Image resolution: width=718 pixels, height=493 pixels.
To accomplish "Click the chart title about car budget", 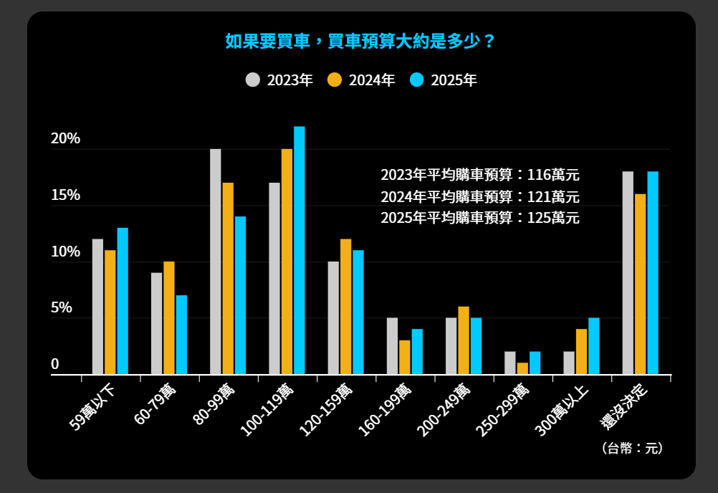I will [360, 41].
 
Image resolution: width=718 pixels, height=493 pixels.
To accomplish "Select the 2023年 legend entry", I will [279, 80].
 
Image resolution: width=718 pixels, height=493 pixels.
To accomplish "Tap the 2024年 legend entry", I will [361, 80].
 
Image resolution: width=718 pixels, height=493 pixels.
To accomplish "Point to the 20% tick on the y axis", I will [65, 139].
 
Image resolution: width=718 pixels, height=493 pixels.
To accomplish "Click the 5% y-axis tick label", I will [62, 308].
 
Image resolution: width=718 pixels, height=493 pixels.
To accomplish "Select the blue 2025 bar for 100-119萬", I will [300, 250].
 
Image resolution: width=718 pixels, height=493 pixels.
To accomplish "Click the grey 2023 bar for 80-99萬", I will [216, 262].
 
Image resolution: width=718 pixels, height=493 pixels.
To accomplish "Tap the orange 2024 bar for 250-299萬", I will [522, 368].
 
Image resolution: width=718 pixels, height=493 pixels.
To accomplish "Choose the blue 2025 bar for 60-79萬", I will [181, 335].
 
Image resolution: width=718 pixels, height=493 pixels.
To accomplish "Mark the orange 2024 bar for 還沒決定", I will [640, 284].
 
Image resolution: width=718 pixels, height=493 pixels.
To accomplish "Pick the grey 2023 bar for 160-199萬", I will [392, 346].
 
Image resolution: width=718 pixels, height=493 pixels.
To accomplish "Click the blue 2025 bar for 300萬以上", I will [593, 346].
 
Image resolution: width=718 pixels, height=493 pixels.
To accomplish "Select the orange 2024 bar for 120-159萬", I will [345, 307].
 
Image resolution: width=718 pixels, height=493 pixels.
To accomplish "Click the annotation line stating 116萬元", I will [479, 174].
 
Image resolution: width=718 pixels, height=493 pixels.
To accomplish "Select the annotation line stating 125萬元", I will [479, 218].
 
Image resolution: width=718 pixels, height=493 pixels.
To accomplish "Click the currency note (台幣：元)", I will [632, 449].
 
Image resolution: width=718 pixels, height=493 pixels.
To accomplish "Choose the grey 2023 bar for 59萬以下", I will [97, 307].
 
